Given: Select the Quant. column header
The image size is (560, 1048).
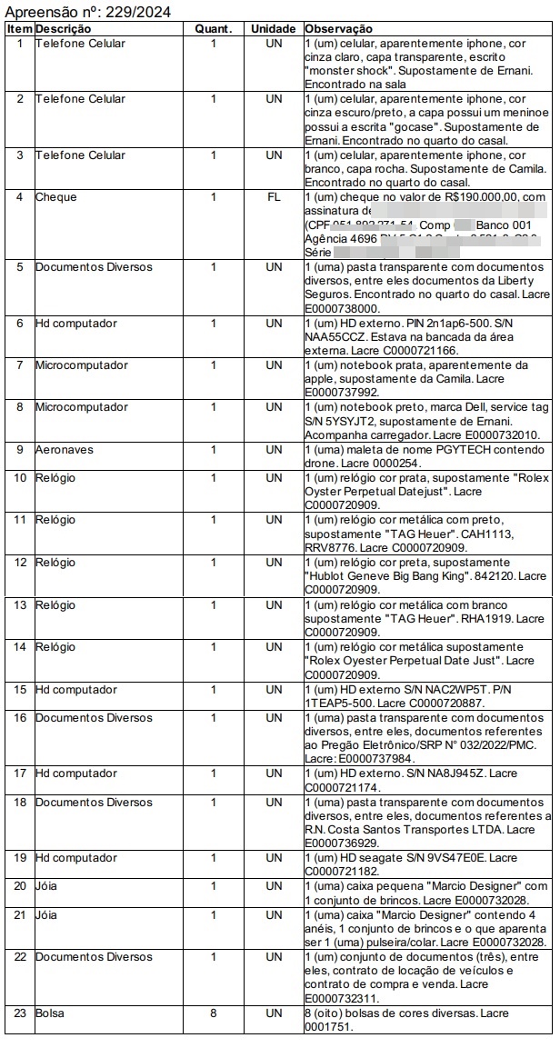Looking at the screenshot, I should (214, 29).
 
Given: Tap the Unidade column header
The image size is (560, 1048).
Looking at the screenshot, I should (274, 29).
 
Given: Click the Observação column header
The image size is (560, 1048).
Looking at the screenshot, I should (339, 29).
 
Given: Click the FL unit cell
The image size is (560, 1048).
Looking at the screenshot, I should (274, 197).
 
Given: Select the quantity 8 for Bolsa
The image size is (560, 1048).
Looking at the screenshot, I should (214, 1013).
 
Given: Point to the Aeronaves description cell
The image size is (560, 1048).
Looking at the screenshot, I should (65, 450).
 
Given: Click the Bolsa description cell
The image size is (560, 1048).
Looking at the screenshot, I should (50, 1013).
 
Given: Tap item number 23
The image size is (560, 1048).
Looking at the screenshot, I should (19, 1013).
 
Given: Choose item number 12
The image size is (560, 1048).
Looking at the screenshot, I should (19, 564).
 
